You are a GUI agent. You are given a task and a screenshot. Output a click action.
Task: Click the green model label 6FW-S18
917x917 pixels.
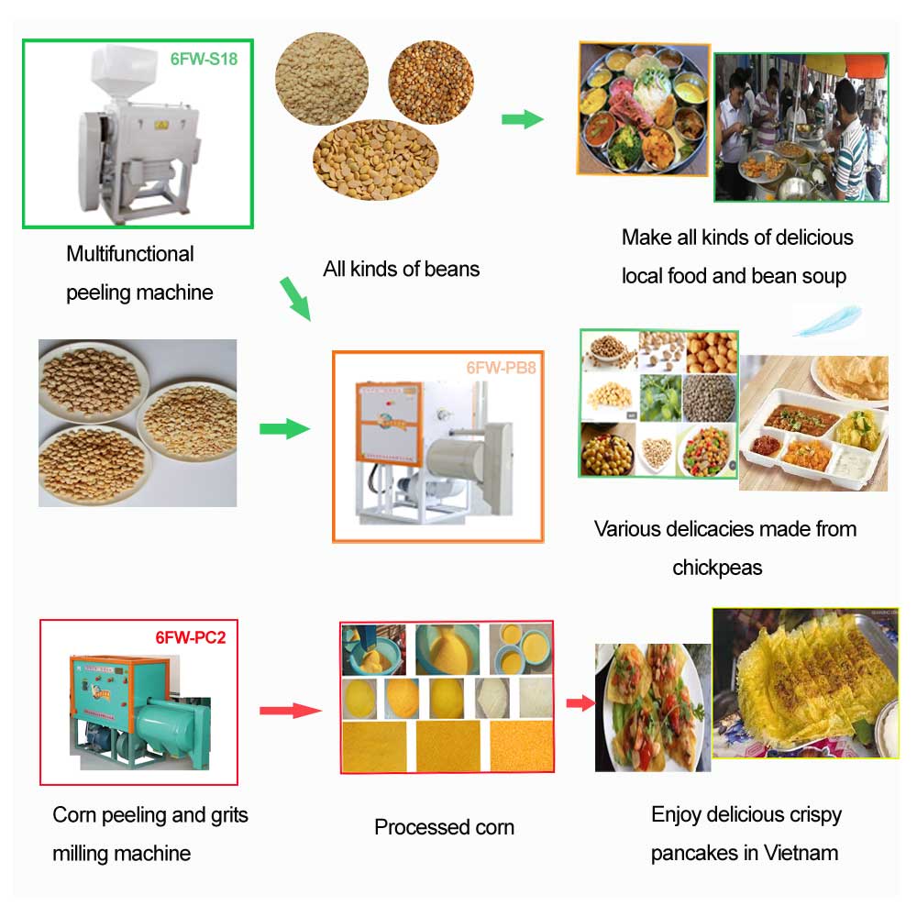[x=203, y=59]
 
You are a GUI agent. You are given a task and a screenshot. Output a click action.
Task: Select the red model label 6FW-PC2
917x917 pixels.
[x=190, y=637]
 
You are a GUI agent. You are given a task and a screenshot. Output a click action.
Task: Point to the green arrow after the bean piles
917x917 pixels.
[x=522, y=119]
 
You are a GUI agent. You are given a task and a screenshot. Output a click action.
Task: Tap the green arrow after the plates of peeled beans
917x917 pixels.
[x=284, y=428]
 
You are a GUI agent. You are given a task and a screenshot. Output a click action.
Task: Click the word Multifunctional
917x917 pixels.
[x=130, y=254]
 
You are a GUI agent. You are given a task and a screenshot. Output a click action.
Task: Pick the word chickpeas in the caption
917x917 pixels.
[x=717, y=568]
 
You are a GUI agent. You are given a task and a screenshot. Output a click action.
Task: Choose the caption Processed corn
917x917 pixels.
[x=444, y=827]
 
